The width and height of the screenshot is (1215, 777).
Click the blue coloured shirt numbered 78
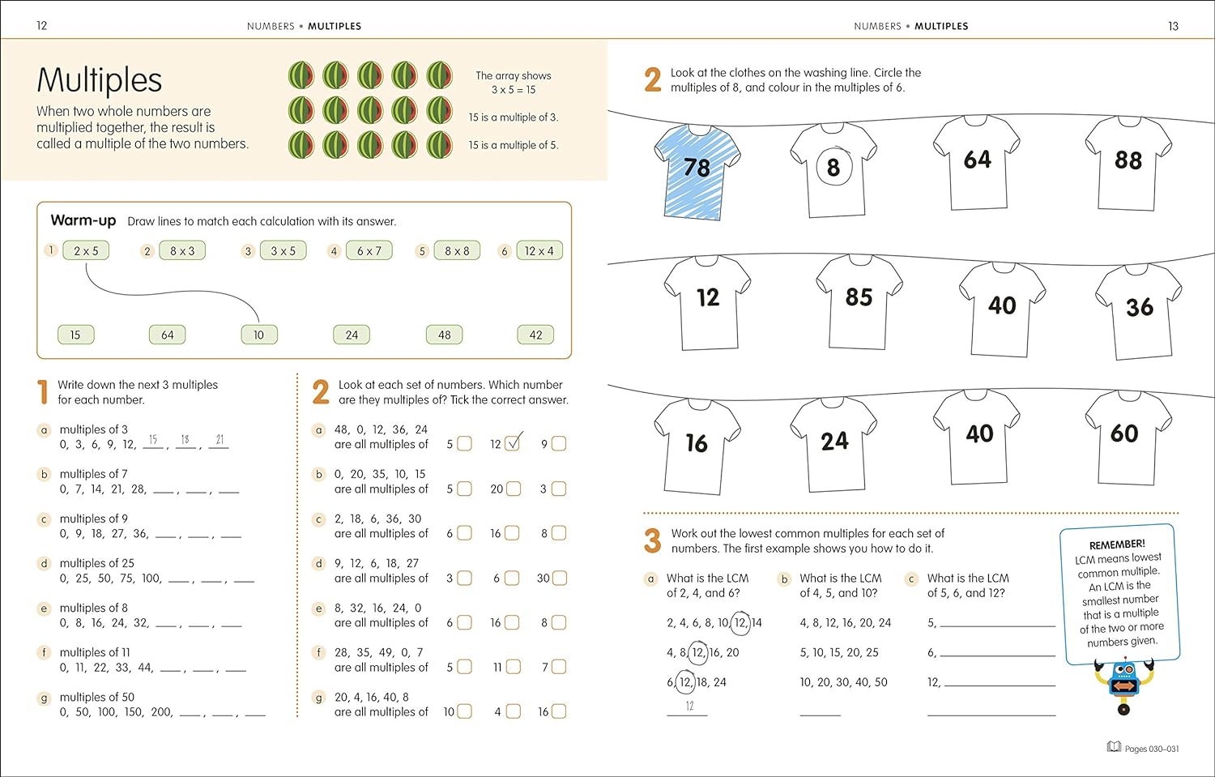click(x=697, y=170)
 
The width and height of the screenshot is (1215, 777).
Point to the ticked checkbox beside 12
click(x=513, y=444)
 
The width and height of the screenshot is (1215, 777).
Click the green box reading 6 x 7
click(x=369, y=251)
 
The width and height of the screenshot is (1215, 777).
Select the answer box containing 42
click(x=535, y=335)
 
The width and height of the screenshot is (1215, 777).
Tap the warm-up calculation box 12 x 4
click(x=539, y=251)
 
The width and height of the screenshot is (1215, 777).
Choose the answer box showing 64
click(x=167, y=335)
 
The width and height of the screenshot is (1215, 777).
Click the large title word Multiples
click(x=100, y=80)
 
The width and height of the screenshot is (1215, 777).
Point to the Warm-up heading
click(x=83, y=220)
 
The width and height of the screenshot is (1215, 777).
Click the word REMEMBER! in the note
click(x=1117, y=544)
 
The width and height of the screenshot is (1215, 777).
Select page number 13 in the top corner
click(x=1173, y=26)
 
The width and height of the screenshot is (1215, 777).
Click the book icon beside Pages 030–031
click(x=1114, y=747)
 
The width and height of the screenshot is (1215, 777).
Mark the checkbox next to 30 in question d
click(x=559, y=578)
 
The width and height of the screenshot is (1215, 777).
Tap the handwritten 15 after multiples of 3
click(x=152, y=439)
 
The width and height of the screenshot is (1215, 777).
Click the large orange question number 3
click(x=653, y=540)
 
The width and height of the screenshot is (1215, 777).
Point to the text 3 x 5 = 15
click(x=514, y=90)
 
